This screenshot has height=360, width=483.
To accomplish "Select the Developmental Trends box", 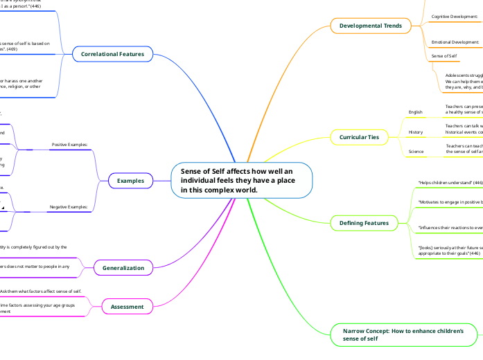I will pos(370,26).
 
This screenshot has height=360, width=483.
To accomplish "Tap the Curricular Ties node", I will pos(359,137).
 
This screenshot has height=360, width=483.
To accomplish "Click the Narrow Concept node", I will pos(403,335).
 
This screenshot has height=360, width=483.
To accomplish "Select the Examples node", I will pos(131,181).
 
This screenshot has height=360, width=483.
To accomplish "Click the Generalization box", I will pos(123,267).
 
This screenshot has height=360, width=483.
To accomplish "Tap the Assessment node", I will pos(128,306).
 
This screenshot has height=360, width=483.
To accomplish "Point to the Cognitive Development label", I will pos(455,15).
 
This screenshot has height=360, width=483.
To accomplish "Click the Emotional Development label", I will pos(455,42).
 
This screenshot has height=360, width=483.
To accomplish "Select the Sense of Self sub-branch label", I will pos(444,55).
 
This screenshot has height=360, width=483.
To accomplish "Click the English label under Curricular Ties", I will pos(416,111).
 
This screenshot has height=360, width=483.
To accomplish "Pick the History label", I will pos(416,132).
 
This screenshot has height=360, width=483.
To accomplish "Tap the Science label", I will pos(416,151).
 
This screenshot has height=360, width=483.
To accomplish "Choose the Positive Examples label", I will pos(69,145).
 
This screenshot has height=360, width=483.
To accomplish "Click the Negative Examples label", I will pos(68,207).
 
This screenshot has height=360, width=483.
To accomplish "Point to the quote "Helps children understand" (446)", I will pos(450,182).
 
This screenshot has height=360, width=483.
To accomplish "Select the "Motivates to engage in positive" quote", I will pos(450,202).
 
